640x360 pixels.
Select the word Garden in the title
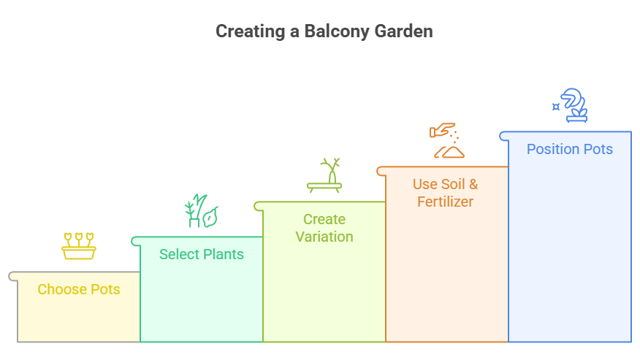click(403, 31)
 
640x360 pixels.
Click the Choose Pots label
click(79, 290)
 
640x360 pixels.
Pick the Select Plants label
click(202, 255)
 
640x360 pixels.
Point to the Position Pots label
click(570, 150)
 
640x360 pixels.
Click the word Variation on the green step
click(324, 237)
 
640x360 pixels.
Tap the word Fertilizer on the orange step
click(446, 202)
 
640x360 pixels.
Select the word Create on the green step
click(324, 219)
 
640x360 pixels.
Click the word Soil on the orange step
click(453, 184)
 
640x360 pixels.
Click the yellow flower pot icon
click(79, 246)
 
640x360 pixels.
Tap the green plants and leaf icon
click(202, 211)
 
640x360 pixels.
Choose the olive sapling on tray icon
click(324, 175)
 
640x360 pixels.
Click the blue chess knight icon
click(574, 105)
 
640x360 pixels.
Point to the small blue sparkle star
click(556, 107)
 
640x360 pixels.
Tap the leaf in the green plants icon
click(211, 217)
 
